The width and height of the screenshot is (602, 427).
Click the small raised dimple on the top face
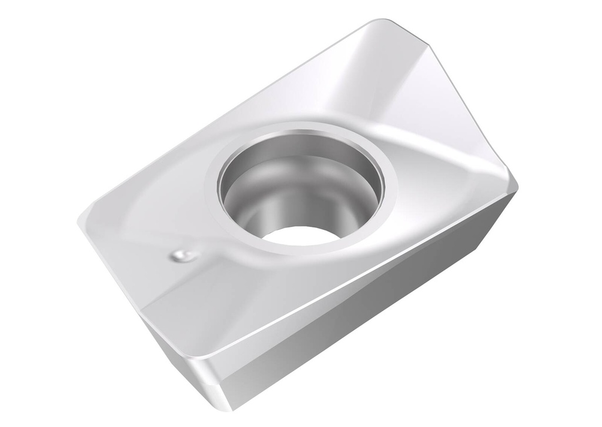click(x=182, y=255)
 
